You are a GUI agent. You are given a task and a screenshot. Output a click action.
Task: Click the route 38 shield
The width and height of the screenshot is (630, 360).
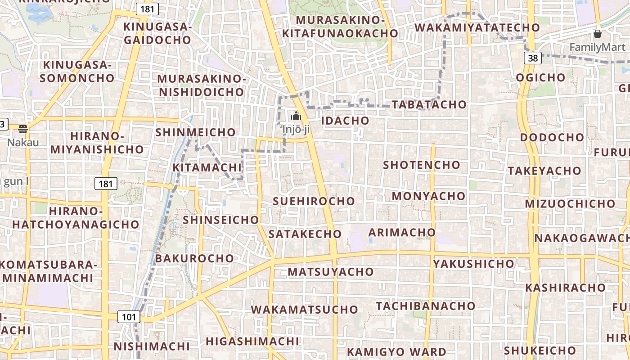click(x=533, y=58)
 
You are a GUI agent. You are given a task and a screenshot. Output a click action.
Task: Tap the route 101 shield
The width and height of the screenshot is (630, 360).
click(x=129, y=317)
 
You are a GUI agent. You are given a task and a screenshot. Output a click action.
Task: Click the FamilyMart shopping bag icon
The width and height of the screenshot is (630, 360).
click(x=598, y=34)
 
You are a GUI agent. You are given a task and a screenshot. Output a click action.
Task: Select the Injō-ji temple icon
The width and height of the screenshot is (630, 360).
click(x=296, y=116)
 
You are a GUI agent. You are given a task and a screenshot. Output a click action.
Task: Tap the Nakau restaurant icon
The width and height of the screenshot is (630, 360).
click(x=23, y=129)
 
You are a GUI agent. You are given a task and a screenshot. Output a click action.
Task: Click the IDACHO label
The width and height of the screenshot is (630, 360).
click(x=345, y=121)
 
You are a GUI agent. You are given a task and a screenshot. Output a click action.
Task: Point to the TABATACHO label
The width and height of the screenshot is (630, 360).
click(x=429, y=104)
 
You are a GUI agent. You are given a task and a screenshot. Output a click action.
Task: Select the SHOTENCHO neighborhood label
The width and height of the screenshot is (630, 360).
click(x=422, y=165)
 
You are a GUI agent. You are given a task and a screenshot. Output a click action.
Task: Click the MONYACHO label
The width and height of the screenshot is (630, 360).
click(x=428, y=196)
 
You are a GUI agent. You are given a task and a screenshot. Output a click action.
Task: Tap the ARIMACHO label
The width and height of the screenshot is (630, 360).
click(x=402, y=233)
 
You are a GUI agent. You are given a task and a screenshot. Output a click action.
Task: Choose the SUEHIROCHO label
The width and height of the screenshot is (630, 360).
click(x=314, y=201)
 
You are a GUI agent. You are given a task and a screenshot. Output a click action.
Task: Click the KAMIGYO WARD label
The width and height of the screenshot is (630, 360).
click(x=396, y=351)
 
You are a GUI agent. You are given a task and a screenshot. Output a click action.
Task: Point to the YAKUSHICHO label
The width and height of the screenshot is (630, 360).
click(x=473, y=264)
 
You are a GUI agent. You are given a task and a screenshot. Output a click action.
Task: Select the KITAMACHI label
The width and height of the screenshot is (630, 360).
click(x=207, y=168)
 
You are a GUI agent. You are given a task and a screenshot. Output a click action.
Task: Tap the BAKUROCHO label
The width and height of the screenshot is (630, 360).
click(x=194, y=258)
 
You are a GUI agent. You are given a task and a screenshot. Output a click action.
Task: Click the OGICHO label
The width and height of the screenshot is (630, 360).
click(x=540, y=77)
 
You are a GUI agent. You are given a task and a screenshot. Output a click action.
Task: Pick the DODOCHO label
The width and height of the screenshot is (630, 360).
click(x=552, y=137)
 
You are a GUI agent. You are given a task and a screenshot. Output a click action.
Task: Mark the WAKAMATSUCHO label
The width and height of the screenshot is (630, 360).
click(x=304, y=310)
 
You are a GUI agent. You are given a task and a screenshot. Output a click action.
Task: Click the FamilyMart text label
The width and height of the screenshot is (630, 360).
click(x=597, y=47)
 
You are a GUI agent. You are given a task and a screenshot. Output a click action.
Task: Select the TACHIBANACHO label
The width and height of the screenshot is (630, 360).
click(x=425, y=306)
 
